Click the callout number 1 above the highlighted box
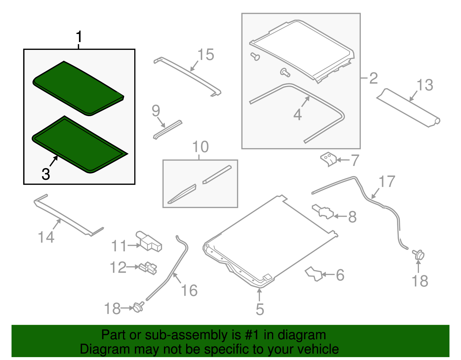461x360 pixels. tap(79, 37)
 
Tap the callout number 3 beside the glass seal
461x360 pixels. tap(46, 174)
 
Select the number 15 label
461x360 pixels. tap(206, 54)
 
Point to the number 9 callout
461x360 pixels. tap(156, 110)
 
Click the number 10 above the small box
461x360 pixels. tap(201, 147)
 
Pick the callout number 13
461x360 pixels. tap(425, 85)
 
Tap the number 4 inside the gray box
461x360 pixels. tap(298, 115)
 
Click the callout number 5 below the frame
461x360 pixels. tap(260, 309)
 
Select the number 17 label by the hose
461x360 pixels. tap(387, 181)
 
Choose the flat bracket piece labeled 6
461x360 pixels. tap(313, 274)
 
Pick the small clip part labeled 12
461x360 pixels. tap(148, 268)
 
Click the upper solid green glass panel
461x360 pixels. tap(78, 88)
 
